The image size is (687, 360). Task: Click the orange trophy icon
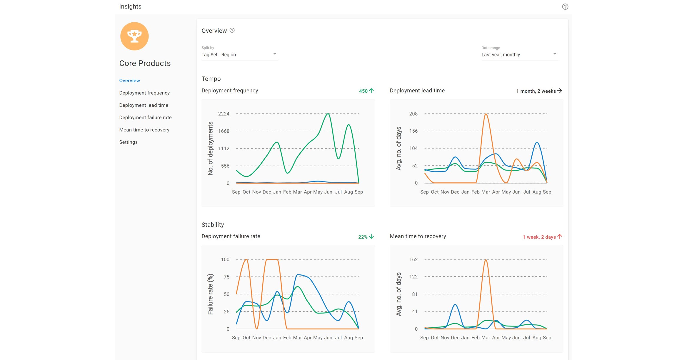134,36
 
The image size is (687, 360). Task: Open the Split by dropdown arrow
274,54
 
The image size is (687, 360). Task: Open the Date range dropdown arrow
554,54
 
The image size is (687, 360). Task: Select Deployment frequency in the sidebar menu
144,93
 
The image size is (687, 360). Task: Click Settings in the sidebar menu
128,142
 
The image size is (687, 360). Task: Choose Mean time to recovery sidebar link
144,130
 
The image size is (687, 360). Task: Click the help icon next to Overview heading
232,30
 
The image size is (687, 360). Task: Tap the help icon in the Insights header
565,6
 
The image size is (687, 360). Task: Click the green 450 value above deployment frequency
363,91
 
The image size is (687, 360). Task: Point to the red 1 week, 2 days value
539,237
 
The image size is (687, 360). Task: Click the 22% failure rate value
363,237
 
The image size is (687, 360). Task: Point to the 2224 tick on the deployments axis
224,114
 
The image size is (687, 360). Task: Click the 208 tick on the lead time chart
413,114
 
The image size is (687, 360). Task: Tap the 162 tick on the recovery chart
413,259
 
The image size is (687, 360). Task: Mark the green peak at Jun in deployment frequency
328,114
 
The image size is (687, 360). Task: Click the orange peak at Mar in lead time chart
486,114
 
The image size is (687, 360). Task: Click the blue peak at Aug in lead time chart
537,143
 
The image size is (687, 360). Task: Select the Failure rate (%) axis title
210,294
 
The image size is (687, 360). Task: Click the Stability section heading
213,225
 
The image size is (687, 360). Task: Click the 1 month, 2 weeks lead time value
536,91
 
